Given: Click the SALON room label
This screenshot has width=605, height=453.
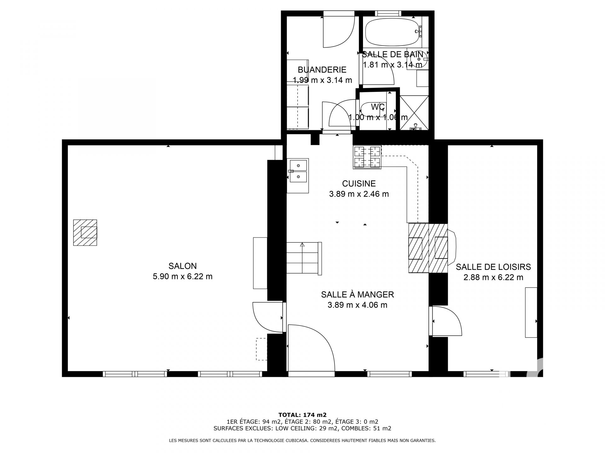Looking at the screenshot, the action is [x=182, y=266].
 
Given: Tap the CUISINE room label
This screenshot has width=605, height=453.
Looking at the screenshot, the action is [x=359, y=183].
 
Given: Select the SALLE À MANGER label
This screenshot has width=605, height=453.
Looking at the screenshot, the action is [x=357, y=294].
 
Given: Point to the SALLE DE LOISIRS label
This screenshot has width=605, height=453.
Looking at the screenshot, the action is [x=493, y=267].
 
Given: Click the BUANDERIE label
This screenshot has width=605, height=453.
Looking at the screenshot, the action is [x=322, y=70].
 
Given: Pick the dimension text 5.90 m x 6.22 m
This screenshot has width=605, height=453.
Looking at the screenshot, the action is [x=182, y=277].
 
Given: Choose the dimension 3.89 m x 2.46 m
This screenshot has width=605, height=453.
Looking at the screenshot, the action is [x=359, y=194].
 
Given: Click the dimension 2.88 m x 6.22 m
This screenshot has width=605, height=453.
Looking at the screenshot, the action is [x=493, y=277].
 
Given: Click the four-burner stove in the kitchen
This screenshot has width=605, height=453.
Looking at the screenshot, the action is [x=367, y=157].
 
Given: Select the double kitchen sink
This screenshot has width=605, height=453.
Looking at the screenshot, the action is [x=298, y=176].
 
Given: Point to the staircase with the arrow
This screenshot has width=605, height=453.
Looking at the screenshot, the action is [x=304, y=258].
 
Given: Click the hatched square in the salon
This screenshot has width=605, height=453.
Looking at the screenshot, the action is [x=85, y=232].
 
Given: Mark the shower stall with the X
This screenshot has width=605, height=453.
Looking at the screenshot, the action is [x=414, y=113].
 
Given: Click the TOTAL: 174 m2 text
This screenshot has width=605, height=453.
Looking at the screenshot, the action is [x=302, y=415].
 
